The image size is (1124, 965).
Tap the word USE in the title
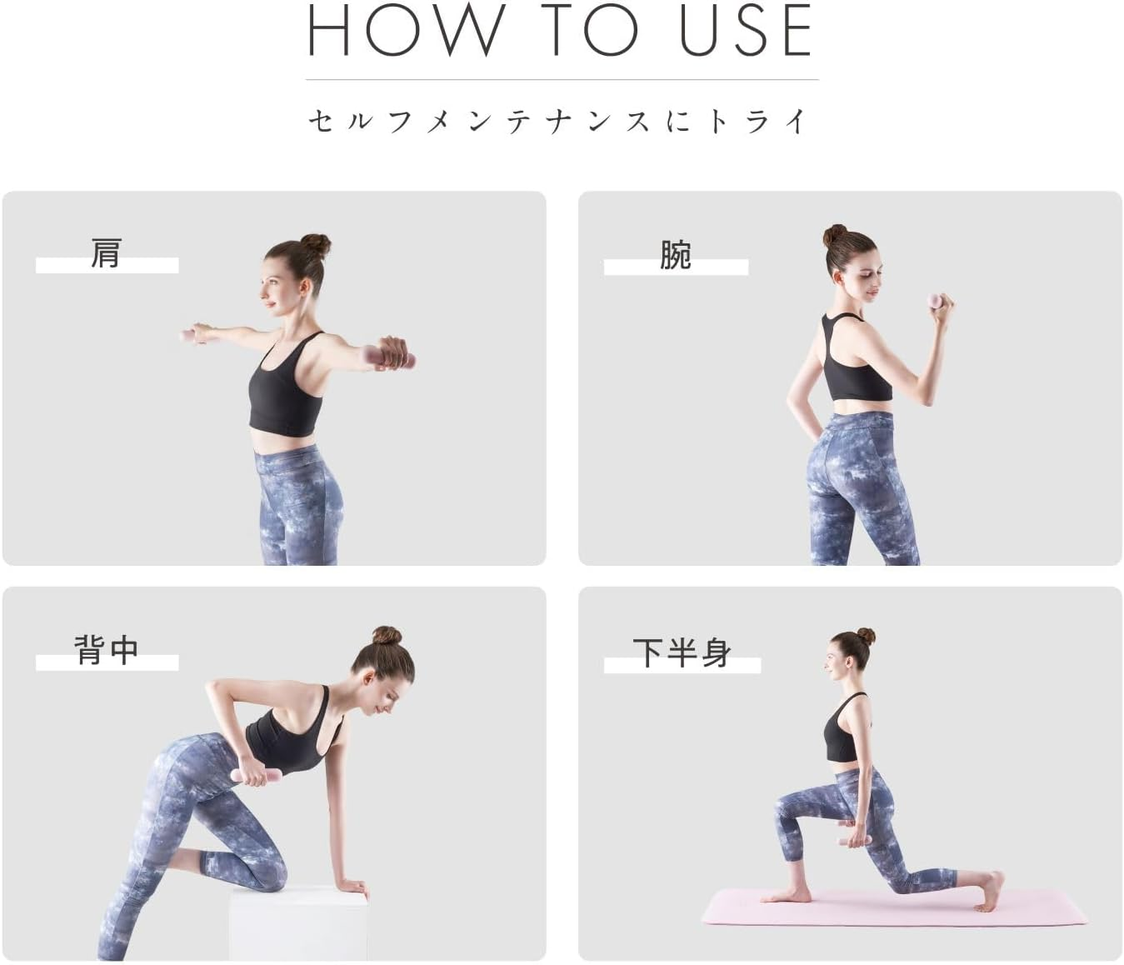point(746,30)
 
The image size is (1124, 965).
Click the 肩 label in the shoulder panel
point(106,253)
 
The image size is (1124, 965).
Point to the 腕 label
point(676,254)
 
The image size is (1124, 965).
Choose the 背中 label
point(107,649)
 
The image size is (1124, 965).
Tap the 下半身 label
point(682,652)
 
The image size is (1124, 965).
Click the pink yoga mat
point(895,907)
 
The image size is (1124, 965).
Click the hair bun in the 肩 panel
point(316,245)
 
